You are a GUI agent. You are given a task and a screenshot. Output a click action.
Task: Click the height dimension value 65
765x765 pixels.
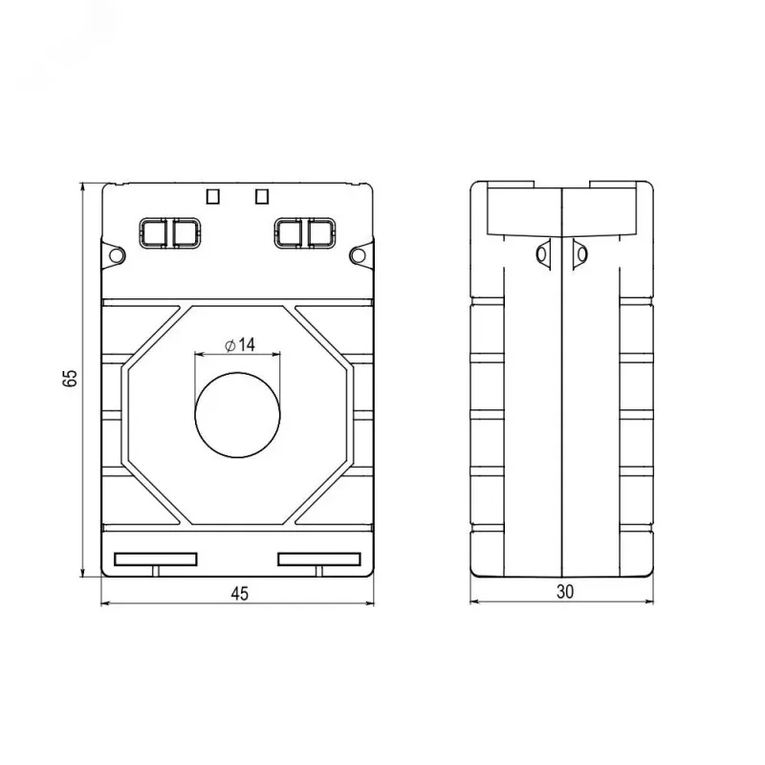[x=70, y=378]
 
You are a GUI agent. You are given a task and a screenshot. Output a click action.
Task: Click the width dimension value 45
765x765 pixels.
[x=240, y=593]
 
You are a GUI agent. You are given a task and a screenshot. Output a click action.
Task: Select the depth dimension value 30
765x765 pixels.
[x=564, y=591]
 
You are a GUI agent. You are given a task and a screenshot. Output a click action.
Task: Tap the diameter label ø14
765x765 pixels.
[x=240, y=345]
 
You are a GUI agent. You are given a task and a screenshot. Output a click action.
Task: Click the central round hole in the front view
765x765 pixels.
[x=237, y=415]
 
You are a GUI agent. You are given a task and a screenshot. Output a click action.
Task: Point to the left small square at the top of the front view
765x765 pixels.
[x=213, y=197]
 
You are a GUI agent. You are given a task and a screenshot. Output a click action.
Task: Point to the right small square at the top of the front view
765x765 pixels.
[x=262, y=197]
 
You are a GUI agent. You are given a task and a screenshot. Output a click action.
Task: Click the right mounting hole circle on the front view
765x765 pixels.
[x=358, y=255]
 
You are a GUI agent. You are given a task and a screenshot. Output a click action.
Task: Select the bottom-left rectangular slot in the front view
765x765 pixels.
[x=156, y=559]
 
